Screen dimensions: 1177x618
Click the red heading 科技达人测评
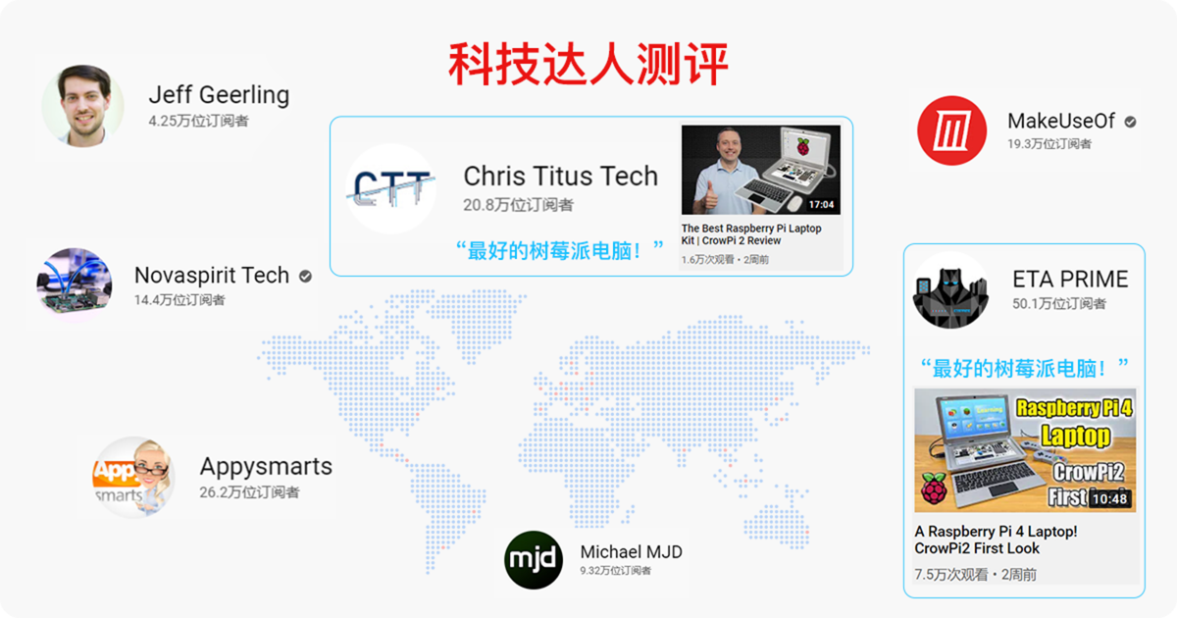(588, 64)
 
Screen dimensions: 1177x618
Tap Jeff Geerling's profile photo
(83, 106)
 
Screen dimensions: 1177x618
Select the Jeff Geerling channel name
(219, 95)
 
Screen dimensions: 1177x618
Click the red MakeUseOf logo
(951, 130)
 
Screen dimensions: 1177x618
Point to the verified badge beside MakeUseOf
(1130, 122)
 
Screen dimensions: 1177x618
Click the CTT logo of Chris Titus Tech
(391, 188)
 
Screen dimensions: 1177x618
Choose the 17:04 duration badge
(821, 204)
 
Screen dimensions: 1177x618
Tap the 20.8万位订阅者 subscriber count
(518, 205)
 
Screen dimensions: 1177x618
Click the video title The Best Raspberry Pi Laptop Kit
(751, 234)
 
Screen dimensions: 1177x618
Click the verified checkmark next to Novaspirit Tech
(305, 276)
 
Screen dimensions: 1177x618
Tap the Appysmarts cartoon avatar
(133, 478)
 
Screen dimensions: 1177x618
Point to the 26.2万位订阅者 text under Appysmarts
(249, 492)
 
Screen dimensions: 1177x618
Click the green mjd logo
(534, 560)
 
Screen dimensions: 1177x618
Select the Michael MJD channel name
(631, 551)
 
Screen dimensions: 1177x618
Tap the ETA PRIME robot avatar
(951, 290)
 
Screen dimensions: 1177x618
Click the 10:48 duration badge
(1109, 498)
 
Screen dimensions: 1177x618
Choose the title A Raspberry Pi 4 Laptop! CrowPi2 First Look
(996, 540)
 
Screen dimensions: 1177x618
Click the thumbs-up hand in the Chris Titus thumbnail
(710, 196)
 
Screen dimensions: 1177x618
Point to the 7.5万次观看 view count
(951, 575)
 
